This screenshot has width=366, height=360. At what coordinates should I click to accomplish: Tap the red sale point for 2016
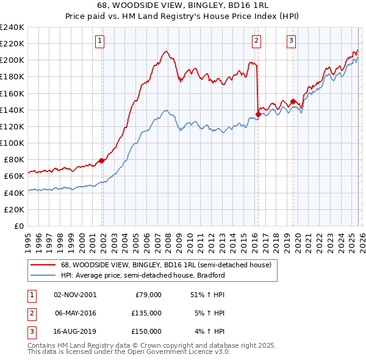click(258, 114)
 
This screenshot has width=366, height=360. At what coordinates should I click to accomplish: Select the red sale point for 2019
click(293, 102)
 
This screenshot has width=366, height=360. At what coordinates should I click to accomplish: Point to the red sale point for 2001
click(101, 160)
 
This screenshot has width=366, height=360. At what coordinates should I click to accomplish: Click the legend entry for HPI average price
click(143, 275)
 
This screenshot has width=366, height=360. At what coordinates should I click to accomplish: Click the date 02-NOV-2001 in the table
click(75, 295)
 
